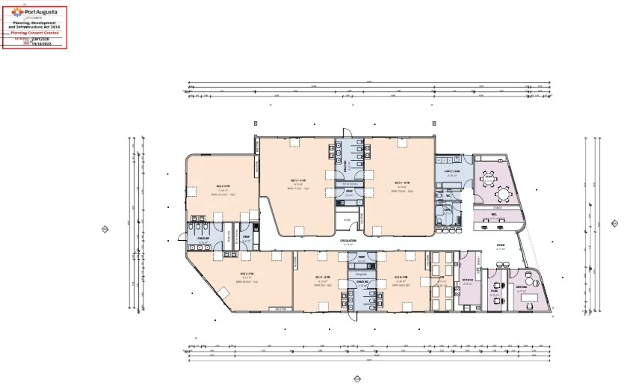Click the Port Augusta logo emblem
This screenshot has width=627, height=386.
pos(18,11)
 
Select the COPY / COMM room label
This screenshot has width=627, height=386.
pos(451,171)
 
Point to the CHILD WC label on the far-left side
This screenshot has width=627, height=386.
pos(203,239)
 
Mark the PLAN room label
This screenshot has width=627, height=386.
pos(494,291)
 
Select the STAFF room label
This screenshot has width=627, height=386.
pos(489,178)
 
